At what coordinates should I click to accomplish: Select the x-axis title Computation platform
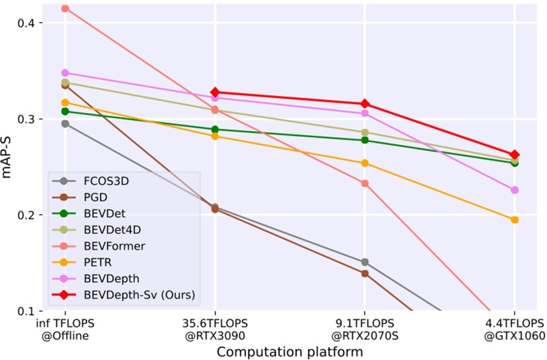click(x=290, y=352)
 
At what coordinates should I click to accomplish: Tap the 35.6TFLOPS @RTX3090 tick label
click(x=215, y=329)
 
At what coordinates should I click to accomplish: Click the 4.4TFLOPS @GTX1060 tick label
click(x=514, y=329)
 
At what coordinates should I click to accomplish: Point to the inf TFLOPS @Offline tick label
click(x=65, y=329)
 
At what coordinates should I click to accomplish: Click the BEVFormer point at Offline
click(x=65, y=8)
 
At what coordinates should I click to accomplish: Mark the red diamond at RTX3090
click(x=215, y=92)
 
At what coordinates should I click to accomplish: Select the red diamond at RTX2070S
click(x=365, y=104)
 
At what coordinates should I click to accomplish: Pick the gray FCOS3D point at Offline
click(x=65, y=124)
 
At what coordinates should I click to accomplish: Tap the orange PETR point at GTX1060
click(x=514, y=220)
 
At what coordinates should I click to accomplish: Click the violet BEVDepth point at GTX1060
click(x=514, y=190)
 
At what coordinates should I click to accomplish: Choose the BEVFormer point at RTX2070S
click(x=365, y=183)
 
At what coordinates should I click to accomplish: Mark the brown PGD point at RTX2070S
click(x=365, y=273)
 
